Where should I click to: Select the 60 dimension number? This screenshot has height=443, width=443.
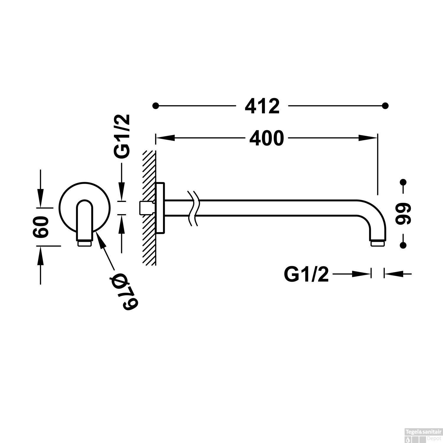pyautogui.click(x=41, y=227)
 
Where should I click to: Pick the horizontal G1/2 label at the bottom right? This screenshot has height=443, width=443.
pyautogui.click(x=306, y=274)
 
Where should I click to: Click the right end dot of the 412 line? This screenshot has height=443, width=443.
pyautogui.click(x=385, y=105)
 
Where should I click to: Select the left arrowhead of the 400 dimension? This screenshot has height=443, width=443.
pyautogui.click(x=165, y=138)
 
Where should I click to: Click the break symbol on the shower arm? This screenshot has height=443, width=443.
pyautogui.click(x=193, y=208)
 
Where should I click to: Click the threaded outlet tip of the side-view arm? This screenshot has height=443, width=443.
pyautogui.click(x=378, y=243)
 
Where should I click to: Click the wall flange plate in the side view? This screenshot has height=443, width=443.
pyautogui.click(x=160, y=208)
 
